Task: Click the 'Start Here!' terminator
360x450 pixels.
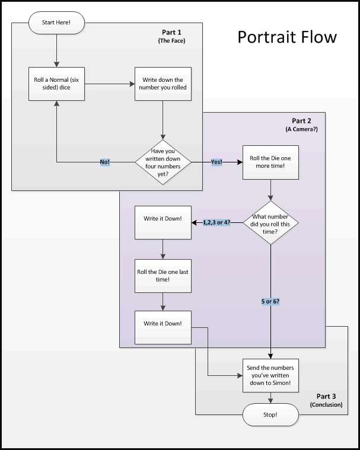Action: pos(56,23)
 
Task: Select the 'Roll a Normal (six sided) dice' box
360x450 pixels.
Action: pos(57,84)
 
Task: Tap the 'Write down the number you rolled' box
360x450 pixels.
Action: pos(163,84)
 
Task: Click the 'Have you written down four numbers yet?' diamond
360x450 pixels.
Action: pos(163,162)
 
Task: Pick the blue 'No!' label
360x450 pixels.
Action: pos(104,162)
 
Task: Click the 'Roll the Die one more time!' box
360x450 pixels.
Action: pos(270,162)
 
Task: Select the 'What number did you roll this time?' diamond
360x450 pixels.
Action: pos(271,222)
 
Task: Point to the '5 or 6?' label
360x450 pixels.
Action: pos(271,302)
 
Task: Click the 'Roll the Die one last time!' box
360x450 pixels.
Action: pos(163,275)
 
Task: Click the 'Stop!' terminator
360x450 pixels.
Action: pos(271,414)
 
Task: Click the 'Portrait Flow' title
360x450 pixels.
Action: pos(287,37)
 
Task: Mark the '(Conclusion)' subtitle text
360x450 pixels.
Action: pos(326,405)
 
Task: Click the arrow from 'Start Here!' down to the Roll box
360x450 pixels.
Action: pos(57,47)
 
